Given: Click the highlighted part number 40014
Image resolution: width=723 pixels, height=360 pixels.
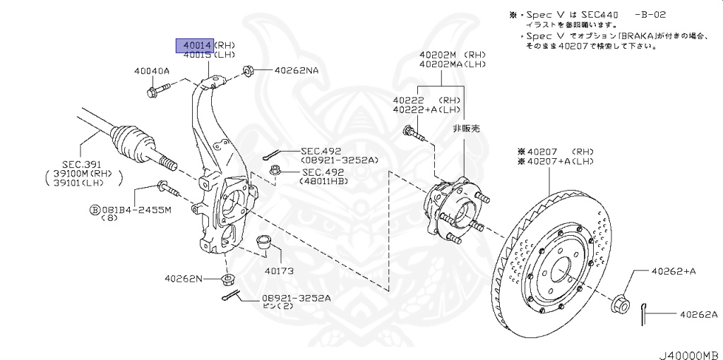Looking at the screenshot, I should [194, 46].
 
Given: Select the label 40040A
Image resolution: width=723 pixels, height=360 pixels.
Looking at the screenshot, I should [152, 71].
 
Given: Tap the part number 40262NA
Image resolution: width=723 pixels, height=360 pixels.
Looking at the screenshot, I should [297, 71].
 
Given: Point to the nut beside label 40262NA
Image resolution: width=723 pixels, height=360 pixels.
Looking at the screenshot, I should [249, 71].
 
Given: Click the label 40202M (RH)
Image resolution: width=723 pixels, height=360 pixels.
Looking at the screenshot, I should [452, 54].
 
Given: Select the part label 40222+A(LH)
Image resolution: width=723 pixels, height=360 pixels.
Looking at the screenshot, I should [426, 109].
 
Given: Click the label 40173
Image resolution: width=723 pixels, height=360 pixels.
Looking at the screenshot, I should [280, 270].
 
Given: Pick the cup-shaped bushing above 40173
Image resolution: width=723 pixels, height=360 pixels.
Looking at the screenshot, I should [265, 242].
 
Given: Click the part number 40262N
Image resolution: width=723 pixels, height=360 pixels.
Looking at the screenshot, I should [184, 279].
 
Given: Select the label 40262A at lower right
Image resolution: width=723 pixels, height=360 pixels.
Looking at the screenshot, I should [698, 314].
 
